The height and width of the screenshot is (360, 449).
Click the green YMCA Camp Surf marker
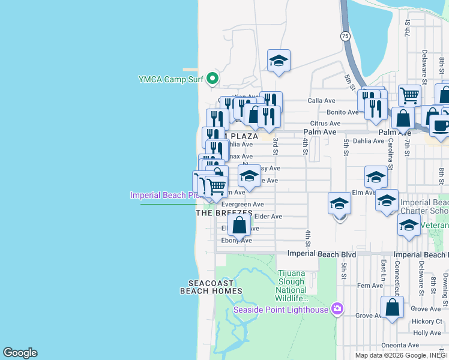(212, 79)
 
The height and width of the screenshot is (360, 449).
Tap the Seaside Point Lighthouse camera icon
(337, 309)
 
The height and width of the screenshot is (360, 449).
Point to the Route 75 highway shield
(345, 36)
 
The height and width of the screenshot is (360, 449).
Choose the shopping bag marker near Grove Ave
(392, 308)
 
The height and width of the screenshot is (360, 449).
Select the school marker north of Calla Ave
(279, 61)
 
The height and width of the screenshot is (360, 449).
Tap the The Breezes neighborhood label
(224, 214)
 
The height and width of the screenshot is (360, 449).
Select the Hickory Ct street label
(427, 321)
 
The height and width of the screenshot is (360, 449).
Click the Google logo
(20, 353)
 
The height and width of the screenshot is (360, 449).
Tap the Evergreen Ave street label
(243, 205)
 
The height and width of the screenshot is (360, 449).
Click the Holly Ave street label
(427, 333)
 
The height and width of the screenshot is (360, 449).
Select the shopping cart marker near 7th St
(409, 94)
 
